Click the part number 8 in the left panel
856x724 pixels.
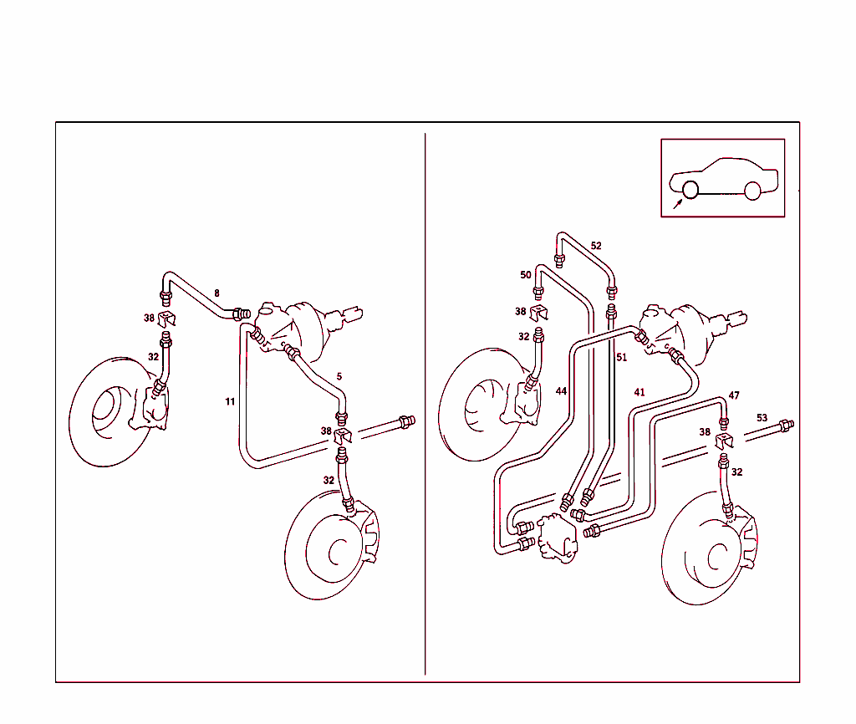point(217,293)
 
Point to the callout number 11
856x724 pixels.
point(230,402)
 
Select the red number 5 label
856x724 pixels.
point(339,376)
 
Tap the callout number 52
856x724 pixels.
point(596,246)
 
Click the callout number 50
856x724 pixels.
point(526,275)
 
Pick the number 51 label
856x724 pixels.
point(621,357)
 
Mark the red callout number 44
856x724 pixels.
point(561,391)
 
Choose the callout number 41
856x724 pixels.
point(639,392)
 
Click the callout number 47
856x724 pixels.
point(734,395)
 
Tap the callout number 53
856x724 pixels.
point(762,417)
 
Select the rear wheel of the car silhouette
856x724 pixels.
point(752,190)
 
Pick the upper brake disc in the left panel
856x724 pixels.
point(104,410)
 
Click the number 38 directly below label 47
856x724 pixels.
point(706,433)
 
